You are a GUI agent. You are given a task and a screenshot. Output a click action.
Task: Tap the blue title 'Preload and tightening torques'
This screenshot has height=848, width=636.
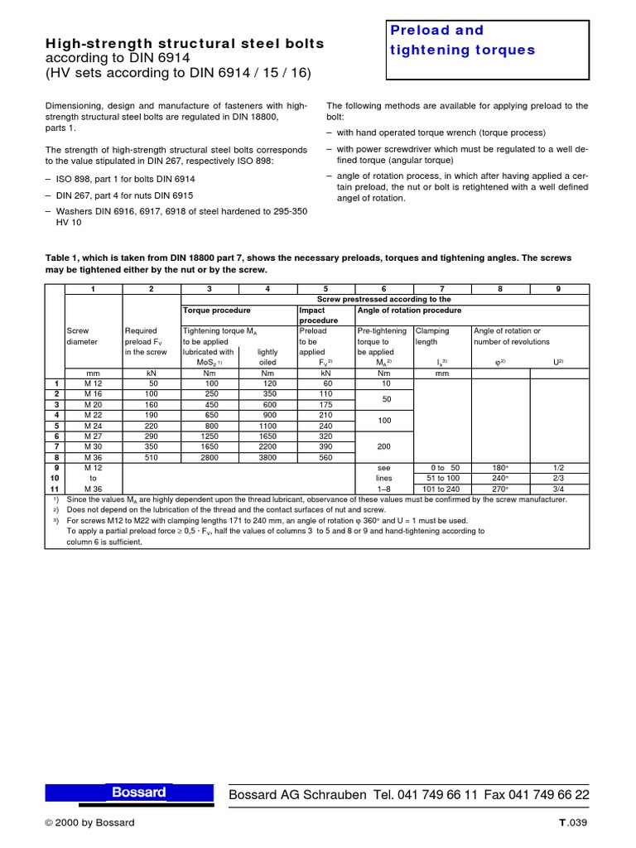463,41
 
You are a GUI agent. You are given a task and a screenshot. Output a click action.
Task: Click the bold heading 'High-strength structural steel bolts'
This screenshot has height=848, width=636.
184,43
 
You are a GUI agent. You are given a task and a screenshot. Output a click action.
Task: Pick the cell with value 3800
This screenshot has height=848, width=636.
267,456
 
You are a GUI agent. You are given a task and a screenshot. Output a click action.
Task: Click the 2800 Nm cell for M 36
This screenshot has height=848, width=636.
210,456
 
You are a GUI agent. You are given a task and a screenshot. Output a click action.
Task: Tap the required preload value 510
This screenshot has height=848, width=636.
152,456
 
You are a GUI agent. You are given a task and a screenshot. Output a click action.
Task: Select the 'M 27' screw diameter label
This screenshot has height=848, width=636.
93,436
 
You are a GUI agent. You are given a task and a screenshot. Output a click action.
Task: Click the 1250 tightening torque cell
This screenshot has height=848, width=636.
210,436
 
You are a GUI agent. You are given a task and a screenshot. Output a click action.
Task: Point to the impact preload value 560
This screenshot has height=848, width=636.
325,456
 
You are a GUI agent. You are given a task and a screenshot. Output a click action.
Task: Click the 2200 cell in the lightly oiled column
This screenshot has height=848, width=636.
267,446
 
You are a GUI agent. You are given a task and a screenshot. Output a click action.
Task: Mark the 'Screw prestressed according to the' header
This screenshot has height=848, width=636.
384,299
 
